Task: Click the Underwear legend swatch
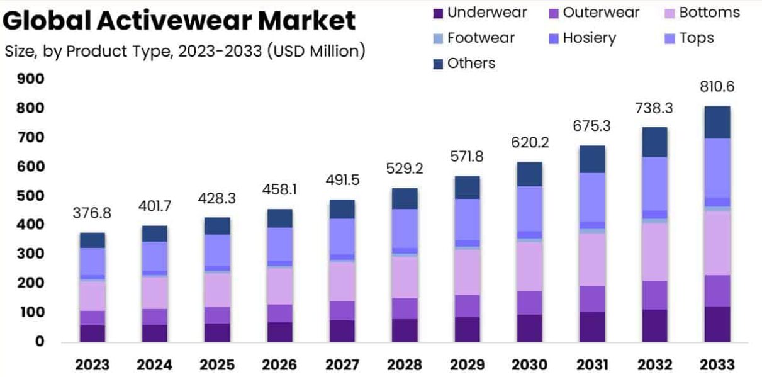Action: point(438,14)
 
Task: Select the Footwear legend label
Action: point(481,38)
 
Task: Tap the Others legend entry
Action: point(464,64)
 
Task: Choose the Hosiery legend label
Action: point(590,38)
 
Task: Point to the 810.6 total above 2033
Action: point(717,87)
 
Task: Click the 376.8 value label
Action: point(92,213)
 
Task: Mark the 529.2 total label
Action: point(405,169)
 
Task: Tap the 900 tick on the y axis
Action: point(30,79)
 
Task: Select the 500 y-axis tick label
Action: point(30,196)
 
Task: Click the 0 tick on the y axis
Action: point(40,341)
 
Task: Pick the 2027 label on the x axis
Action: point(342,365)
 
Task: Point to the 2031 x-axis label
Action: point(592,365)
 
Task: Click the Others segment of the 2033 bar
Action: point(717,123)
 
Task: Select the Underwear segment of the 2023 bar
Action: point(92,334)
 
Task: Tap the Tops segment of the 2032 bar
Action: point(655,184)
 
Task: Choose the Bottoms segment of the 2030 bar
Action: point(530,266)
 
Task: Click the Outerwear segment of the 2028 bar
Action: point(405,308)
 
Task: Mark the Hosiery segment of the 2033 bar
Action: point(717,202)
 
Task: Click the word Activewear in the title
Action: point(175,20)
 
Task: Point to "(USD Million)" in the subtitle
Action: point(317,52)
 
